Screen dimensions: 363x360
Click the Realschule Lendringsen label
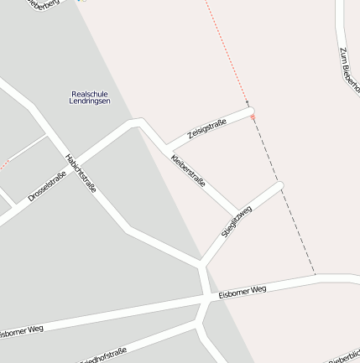(89, 97)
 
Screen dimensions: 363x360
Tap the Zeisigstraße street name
(207, 129)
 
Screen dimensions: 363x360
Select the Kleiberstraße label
(188, 170)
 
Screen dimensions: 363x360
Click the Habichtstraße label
(81, 172)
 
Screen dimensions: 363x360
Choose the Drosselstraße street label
(47, 186)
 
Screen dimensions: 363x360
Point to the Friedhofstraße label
(104, 355)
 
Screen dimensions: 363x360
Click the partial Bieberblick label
(345, 356)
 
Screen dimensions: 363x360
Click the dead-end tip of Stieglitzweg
(279, 185)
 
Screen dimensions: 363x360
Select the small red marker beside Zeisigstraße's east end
(253, 117)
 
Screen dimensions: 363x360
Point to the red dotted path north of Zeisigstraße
(227, 54)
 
